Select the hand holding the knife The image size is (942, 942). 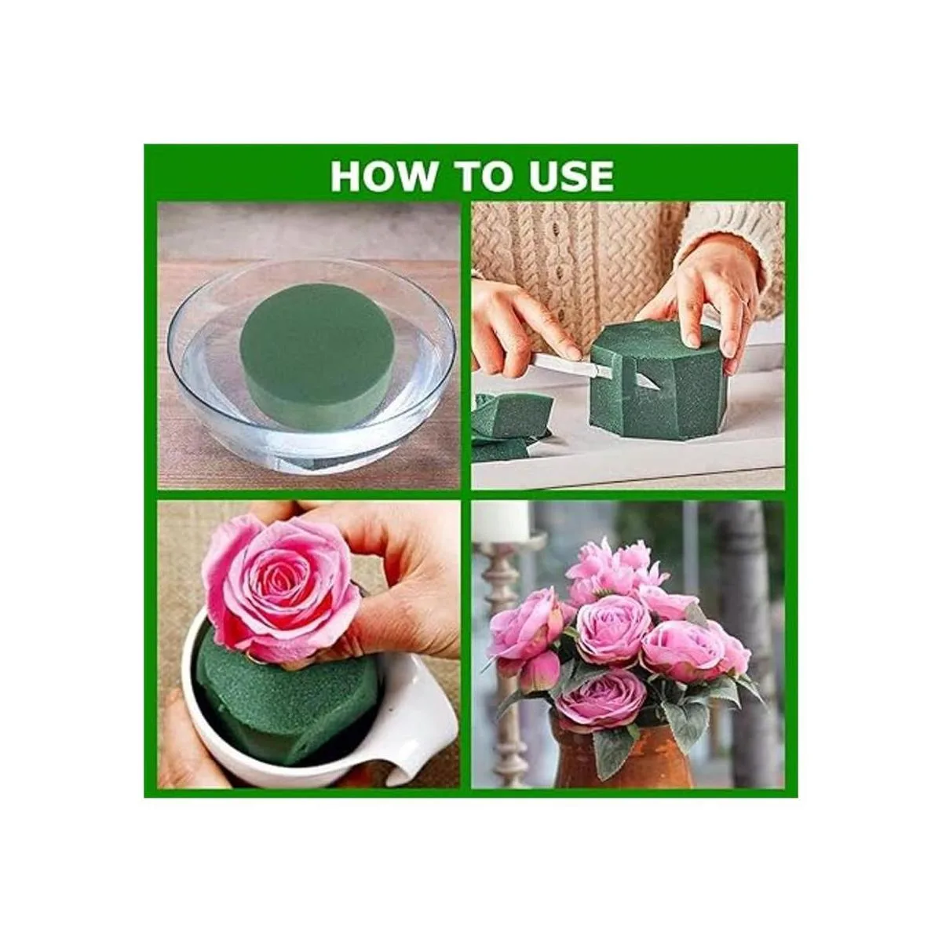point(523,323)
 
